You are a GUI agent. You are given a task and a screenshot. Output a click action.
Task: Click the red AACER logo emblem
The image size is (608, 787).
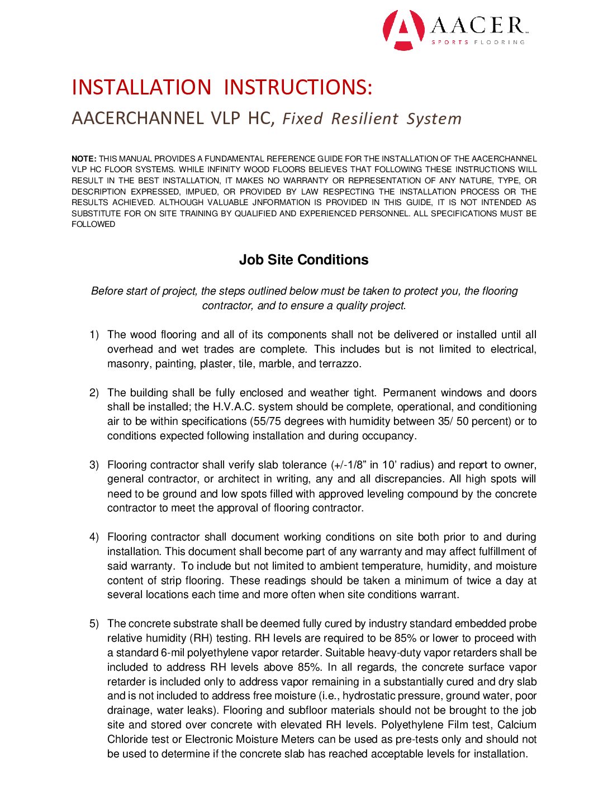pos(403,30)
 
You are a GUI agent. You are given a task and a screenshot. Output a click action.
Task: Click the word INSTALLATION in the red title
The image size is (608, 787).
pos(141,88)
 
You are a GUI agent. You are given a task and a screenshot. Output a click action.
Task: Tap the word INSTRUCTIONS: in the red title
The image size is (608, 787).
pos(298,88)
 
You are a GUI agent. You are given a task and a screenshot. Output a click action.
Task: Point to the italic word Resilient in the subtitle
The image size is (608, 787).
pos(364,119)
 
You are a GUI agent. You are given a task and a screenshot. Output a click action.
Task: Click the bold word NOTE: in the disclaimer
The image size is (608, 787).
pos(84,159)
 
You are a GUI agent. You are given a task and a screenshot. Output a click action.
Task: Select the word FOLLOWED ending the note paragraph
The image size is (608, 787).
pos(93,224)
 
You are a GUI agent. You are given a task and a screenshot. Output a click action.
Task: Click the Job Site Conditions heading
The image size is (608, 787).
pos(303,260)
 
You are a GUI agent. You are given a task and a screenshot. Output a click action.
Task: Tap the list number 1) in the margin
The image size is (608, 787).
pos(94,335)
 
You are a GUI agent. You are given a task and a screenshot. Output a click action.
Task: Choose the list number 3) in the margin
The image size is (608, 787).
pos(94,465)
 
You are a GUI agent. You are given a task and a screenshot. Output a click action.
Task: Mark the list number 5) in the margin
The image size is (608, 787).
pos(94,624)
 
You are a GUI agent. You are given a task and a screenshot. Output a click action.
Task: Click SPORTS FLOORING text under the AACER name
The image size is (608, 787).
pos(478,42)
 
